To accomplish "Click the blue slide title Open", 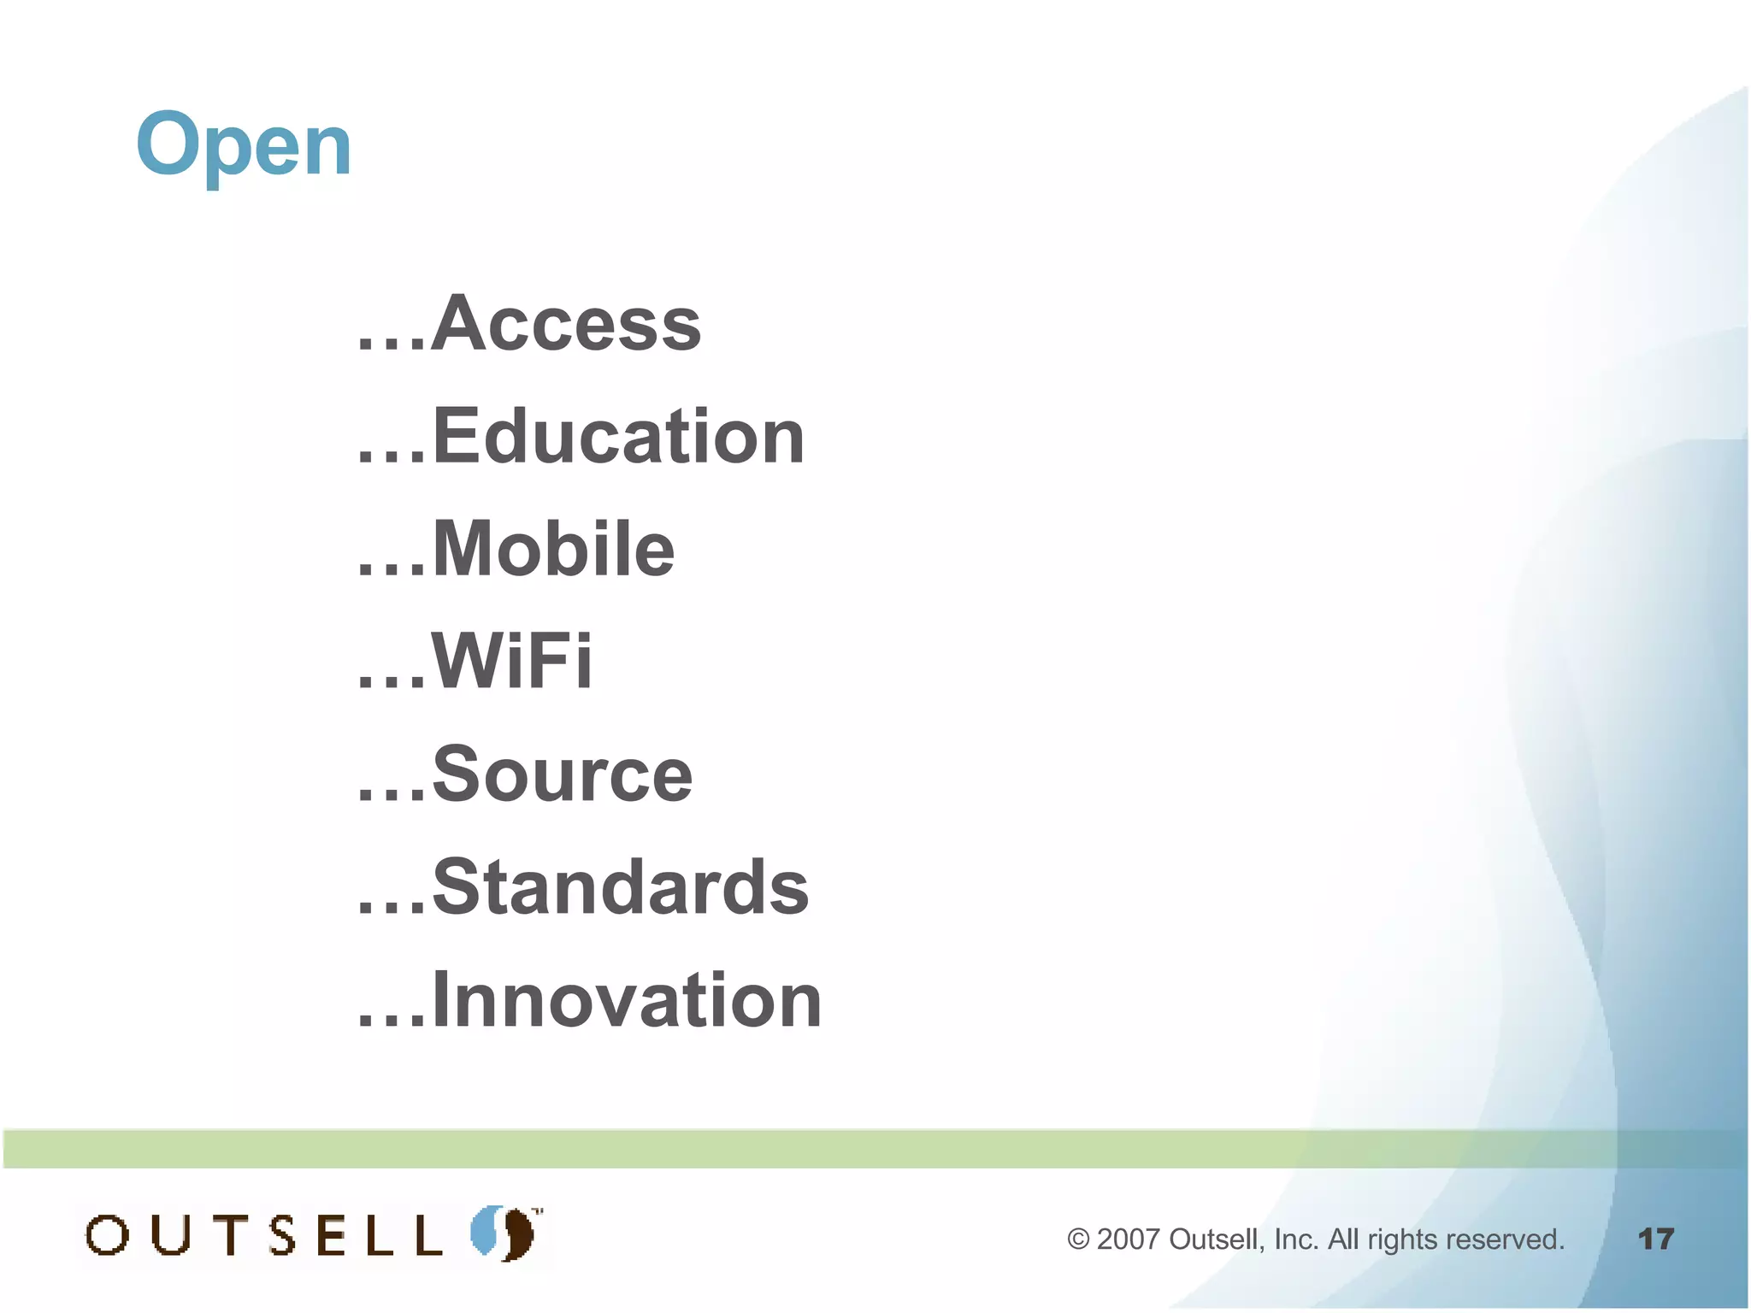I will click(244, 145).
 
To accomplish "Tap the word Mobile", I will click(553, 549).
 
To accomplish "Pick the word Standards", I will click(620, 886).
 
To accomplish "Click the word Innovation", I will click(627, 999).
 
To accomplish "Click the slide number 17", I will click(1655, 1239).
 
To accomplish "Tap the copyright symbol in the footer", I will click(1078, 1239).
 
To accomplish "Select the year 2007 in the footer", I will click(1128, 1239).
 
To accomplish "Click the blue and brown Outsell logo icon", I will click(504, 1233).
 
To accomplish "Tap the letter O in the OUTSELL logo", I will click(108, 1235).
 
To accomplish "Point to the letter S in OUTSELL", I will click(282, 1235).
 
